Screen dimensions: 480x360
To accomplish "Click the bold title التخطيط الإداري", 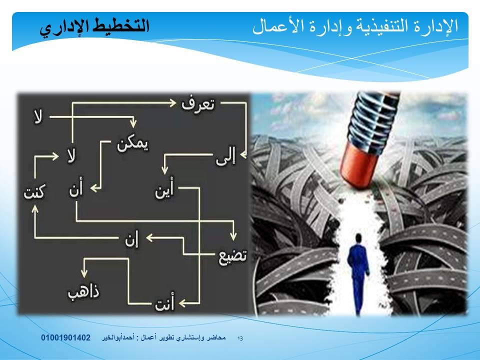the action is (x=94, y=27).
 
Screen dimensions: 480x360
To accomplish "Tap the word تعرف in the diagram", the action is (x=198, y=104).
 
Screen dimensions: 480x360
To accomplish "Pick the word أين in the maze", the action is (x=164, y=189).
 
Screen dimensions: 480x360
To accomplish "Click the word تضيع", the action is (x=232, y=256).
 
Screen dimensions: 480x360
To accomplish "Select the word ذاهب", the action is (x=83, y=292).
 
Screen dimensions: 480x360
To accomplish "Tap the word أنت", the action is (x=164, y=302).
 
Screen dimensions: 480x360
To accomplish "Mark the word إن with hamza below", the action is (x=131, y=239).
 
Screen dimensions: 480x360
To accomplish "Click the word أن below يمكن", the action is (x=76, y=188).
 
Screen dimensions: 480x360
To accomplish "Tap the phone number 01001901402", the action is (x=66, y=337).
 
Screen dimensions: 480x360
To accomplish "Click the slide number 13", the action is (x=240, y=338).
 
